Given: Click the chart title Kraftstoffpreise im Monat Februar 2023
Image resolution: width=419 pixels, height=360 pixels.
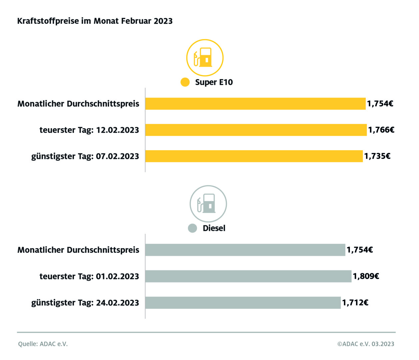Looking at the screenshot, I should (x=95, y=21).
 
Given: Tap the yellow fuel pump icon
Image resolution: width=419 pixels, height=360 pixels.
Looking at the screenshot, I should (x=204, y=58).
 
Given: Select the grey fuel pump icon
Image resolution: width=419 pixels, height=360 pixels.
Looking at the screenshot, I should (x=208, y=204).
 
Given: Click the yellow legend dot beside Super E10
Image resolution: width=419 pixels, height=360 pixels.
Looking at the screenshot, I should (x=185, y=82).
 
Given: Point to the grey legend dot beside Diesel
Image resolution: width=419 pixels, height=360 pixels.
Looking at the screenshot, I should (x=192, y=228).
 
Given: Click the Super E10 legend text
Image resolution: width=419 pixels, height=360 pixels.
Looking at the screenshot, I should (x=214, y=82).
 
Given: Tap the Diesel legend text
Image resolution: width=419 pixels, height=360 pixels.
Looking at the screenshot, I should (x=214, y=228).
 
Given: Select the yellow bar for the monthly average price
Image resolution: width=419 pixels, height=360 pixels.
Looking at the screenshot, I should (x=255, y=104).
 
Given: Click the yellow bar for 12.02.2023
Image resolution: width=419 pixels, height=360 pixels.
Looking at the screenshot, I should (x=256, y=130).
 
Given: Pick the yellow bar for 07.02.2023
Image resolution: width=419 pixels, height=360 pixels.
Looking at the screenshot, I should (x=254, y=156).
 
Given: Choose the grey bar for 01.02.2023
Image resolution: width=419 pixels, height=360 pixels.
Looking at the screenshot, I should (x=248, y=276).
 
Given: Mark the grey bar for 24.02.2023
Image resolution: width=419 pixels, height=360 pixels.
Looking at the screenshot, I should (x=243, y=303).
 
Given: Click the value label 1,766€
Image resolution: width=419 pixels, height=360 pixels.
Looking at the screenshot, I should (x=381, y=130).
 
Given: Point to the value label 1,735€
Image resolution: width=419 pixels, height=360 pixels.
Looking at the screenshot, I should (x=377, y=156).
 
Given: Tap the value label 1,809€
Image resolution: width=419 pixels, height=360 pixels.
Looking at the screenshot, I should (x=366, y=276).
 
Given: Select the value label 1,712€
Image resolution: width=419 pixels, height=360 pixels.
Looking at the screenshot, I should (x=355, y=303).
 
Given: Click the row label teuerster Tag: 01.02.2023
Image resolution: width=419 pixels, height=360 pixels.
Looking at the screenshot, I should (x=89, y=276).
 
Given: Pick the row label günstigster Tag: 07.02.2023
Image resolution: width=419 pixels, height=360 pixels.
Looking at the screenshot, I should (x=85, y=156).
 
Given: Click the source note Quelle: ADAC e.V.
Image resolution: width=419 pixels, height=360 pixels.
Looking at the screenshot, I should (x=43, y=344).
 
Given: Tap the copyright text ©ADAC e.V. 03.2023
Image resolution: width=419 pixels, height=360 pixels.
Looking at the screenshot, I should (x=366, y=344).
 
